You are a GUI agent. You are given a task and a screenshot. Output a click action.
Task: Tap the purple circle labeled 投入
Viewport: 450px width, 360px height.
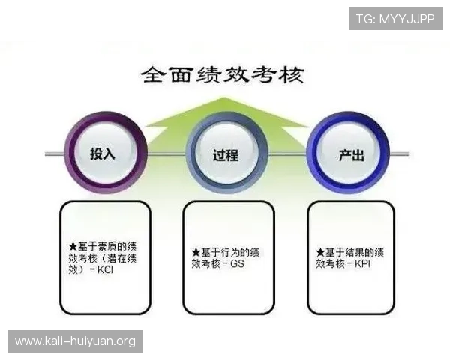(102, 153)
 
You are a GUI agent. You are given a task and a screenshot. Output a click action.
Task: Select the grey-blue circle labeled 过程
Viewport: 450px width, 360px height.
(226, 153)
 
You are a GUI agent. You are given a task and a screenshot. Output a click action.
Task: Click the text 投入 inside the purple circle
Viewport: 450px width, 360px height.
(102, 154)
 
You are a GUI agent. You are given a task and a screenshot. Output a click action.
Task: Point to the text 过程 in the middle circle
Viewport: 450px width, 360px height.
(226, 154)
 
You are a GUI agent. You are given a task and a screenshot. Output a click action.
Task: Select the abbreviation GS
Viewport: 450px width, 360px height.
(237, 263)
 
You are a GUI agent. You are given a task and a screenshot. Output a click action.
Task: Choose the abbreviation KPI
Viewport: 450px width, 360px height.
(361, 263)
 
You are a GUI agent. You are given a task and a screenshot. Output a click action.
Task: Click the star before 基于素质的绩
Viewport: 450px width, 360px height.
(72, 245)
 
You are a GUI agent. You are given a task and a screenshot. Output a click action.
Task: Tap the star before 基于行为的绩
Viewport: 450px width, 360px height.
(195, 251)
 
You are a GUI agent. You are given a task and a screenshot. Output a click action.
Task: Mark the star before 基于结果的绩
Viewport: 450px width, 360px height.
(320, 251)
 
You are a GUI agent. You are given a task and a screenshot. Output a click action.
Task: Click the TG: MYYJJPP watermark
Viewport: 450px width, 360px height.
(395, 18)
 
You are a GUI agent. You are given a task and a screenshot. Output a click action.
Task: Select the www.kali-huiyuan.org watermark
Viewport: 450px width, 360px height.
(75, 341)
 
